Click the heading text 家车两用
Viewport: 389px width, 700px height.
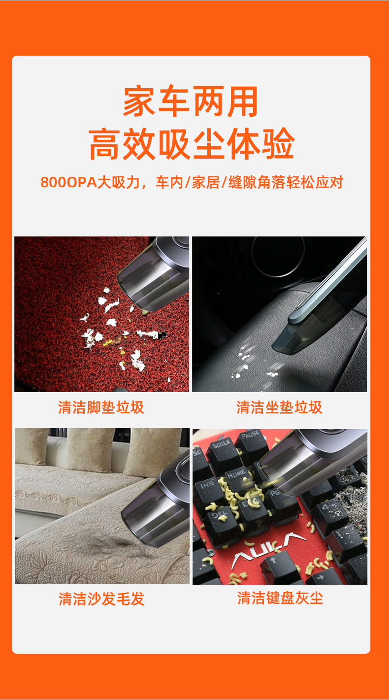click(x=191, y=102)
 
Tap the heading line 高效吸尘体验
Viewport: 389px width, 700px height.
click(x=192, y=144)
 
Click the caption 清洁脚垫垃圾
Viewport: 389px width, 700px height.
click(x=101, y=407)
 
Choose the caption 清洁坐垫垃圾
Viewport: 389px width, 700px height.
click(x=279, y=407)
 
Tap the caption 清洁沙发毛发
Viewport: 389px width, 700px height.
click(x=101, y=599)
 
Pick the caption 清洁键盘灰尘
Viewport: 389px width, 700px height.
click(x=280, y=599)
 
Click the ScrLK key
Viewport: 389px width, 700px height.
click(x=222, y=446)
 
